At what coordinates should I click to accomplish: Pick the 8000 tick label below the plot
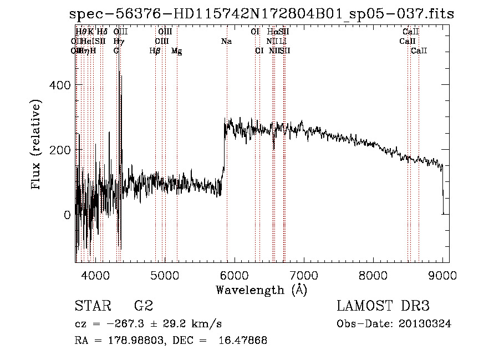[373, 275]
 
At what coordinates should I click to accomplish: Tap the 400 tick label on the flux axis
[59, 85]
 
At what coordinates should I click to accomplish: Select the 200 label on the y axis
[59, 150]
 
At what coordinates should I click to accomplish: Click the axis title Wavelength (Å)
[261, 290]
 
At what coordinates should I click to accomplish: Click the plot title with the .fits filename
[261, 14]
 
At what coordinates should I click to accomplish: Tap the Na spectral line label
[226, 42]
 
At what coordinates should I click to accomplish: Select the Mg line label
[176, 51]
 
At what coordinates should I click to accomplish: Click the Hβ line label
[155, 51]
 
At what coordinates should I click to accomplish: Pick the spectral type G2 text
[144, 306]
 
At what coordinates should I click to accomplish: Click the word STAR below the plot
[92, 306]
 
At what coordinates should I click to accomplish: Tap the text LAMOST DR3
[383, 306]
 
